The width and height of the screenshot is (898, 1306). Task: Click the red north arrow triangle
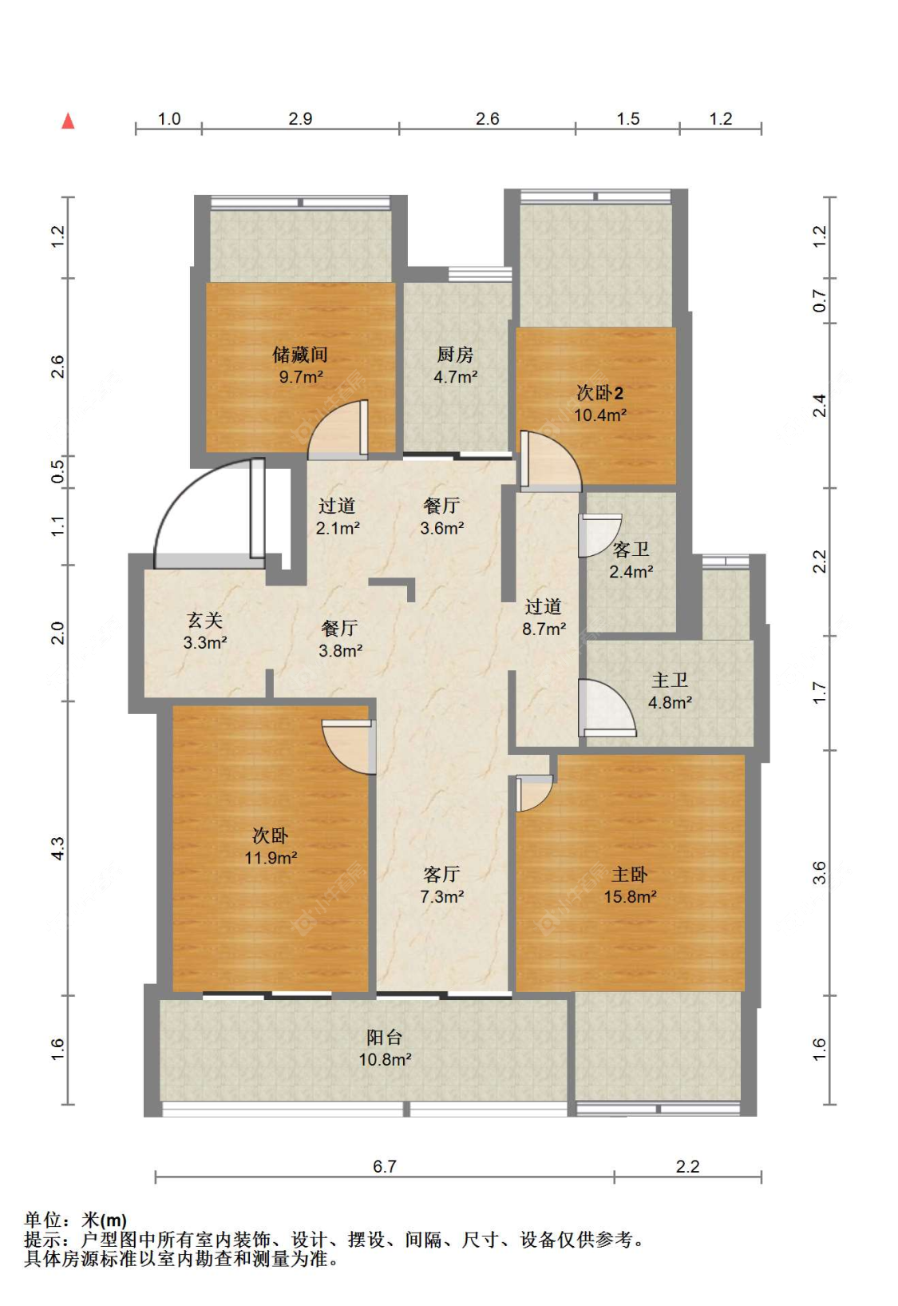tap(68, 121)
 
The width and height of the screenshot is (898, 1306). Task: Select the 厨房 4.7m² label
tap(455, 365)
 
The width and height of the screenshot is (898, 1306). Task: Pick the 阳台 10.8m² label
tap(385, 1048)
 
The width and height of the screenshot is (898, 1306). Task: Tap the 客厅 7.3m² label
tap(441, 885)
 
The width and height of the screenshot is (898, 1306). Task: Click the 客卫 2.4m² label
tap(631, 560)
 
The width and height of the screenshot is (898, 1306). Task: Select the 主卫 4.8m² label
tap(670, 691)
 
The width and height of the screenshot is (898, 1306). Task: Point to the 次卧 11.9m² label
tap(271, 847)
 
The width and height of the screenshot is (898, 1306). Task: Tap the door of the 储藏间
tap(338, 429)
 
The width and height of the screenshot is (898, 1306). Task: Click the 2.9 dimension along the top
tap(300, 119)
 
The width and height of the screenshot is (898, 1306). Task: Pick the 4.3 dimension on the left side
tap(57, 848)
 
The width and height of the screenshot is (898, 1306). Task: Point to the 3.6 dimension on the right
tap(819, 873)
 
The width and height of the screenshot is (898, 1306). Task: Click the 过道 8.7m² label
tap(544, 617)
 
